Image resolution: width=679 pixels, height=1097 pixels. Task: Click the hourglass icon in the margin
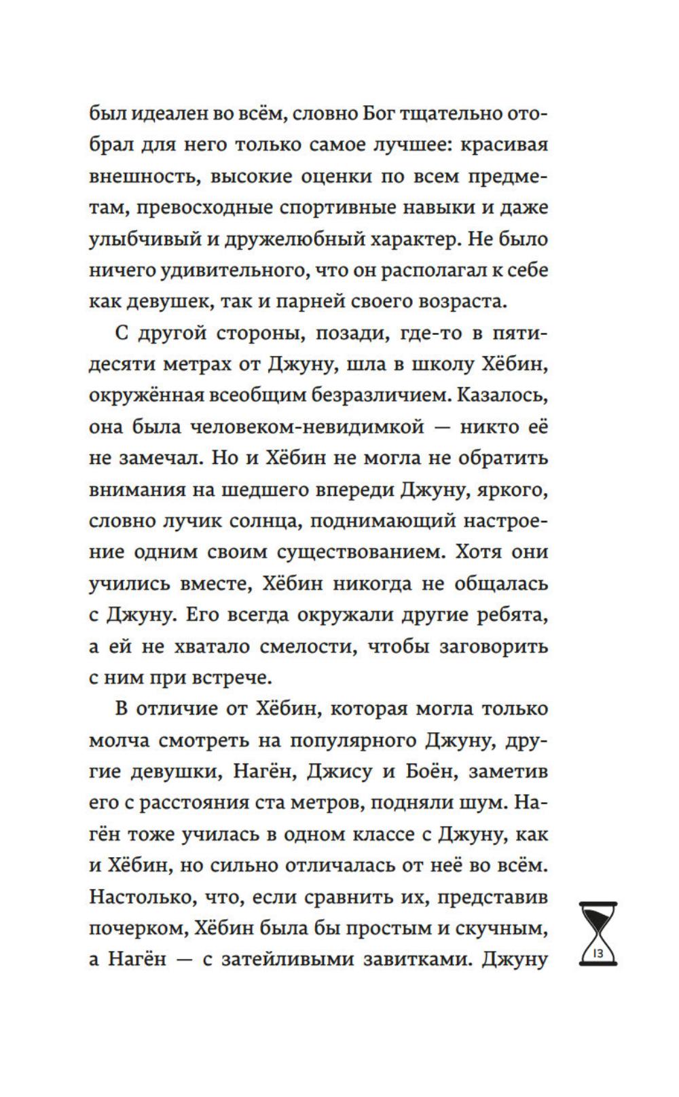tap(598, 933)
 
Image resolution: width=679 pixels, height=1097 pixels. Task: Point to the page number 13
tap(598, 952)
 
